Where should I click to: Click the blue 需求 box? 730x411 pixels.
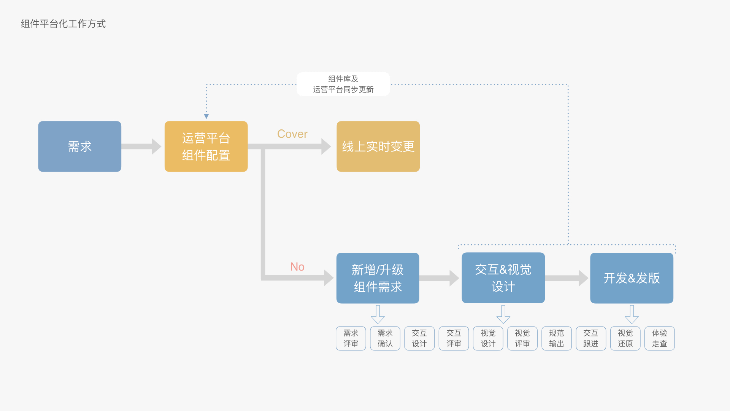click(x=79, y=147)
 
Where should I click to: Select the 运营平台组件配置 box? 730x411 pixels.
click(x=206, y=147)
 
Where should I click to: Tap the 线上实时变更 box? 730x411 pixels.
click(x=378, y=147)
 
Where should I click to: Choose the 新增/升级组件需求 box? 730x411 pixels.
click(x=378, y=278)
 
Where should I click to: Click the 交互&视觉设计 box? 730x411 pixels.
click(x=503, y=278)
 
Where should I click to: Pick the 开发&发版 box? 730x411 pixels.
click(x=632, y=278)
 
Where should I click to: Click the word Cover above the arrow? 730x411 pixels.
click(x=292, y=134)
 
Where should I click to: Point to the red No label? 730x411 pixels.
click(x=297, y=267)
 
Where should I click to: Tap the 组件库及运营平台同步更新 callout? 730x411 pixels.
click(x=343, y=84)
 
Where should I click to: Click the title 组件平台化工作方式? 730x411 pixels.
click(x=63, y=24)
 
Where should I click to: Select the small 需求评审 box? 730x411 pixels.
click(x=351, y=338)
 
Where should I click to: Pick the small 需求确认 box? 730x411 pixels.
click(x=385, y=338)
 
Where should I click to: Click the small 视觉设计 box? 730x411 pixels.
click(x=488, y=338)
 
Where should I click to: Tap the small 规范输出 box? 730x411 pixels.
click(x=556, y=338)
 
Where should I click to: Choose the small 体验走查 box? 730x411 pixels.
click(x=659, y=338)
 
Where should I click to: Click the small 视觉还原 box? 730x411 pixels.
click(x=625, y=338)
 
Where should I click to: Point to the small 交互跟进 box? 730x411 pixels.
click(x=590, y=338)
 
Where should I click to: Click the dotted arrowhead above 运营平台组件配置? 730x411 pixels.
click(x=206, y=116)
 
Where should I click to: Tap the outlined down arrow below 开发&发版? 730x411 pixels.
click(x=632, y=314)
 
